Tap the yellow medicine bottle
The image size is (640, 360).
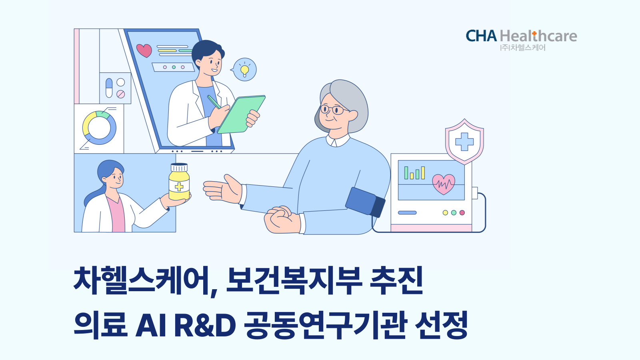pyautogui.click(x=179, y=182)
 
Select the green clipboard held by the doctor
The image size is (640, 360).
pyautogui.click(x=242, y=114)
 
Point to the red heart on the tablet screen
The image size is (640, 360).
pyautogui.click(x=144, y=50)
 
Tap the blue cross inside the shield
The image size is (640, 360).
pyautogui.click(x=464, y=142)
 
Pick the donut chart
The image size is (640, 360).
pyautogui.click(x=100, y=128)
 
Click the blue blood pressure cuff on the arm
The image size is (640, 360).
pyautogui.click(x=366, y=202)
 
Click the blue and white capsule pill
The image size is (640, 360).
pyautogui.click(x=109, y=88)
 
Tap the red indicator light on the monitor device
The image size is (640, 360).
pyautogui.click(x=462, y=212)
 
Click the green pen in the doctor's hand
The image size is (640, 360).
pyautogui.click(x=214, y=102)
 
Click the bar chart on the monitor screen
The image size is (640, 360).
pyautogui.click(x=414, y=173)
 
